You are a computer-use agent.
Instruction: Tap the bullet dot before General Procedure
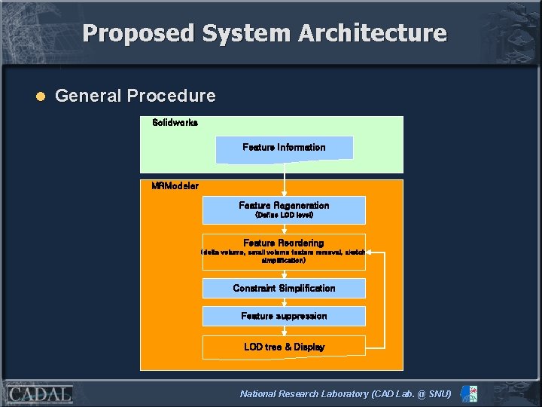tap(41, 96)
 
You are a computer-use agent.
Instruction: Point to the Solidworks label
tap(175, 122)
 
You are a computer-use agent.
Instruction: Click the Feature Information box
tap(284, 148)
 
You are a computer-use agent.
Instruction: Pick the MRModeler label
tap(175, 185)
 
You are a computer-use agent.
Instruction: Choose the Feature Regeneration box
tap(284, 206)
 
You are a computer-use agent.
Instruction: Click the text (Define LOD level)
tap(284, 216)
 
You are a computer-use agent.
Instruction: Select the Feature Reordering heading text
tap(284, 243)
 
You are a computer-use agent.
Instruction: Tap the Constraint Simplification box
tap(284, 288)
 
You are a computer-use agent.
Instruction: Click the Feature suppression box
tap(284, 316)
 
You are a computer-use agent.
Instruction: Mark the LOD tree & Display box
tap(284, 347)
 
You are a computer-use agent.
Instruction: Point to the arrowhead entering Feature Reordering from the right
tap(370, 252)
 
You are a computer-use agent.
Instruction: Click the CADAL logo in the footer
tap(40, 394)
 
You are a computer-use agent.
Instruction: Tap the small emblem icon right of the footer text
tap(468, 394)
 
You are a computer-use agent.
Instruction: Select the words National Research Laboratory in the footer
tap(304, 394)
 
